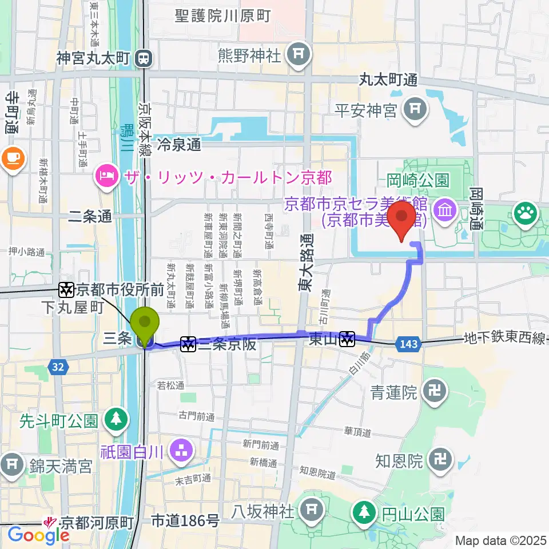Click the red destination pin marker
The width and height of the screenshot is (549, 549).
pyautogui.click(x=401, y=220)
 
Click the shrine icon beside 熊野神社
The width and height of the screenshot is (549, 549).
pyautogui.click(x=298, y=54)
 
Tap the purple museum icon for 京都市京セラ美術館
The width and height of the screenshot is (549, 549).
pyautogui.click(x=444, y=209)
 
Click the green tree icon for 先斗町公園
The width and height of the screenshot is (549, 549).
pyautogui.click(x=116, y=418)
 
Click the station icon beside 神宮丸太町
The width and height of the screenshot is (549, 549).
pyautogui.click(x=143, y=57)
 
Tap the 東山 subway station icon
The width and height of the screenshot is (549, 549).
pyautogui.click(x=346, y=340)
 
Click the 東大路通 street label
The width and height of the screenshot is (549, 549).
pyautogui.click(x=306, y=262)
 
